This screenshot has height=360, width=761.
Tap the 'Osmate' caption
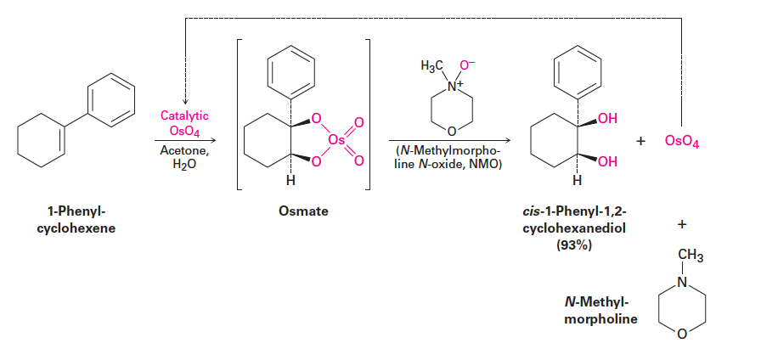303,211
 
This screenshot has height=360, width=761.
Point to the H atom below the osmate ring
290,180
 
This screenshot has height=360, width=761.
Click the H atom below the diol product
578,180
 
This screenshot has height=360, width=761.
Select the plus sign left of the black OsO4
644,141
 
